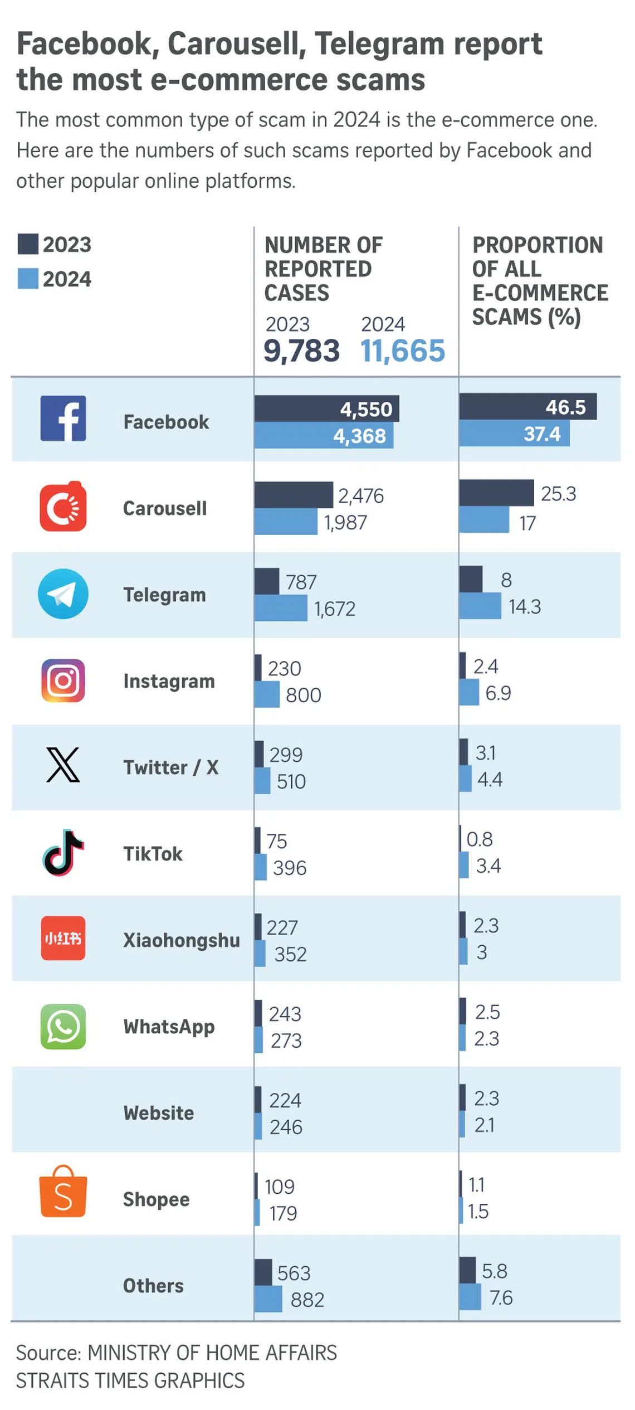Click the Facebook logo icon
click(63, 419)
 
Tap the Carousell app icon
click(63, 506)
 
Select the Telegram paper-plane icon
click(63, 594)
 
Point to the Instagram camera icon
click(63, 680)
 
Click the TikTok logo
click(63, 853)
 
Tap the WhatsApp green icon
click(63, 1026)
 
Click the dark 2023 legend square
click(28, 244)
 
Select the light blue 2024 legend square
click(28, 279)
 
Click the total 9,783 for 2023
click(301, 351)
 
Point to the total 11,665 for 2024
click(403, 351)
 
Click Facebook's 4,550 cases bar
click(326, 409)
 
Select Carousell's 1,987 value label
click(346, 523)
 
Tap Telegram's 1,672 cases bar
click(281, 608)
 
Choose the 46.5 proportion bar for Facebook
click(527, 406)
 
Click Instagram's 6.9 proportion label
click(498, 693)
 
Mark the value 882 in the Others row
click(307, 1300)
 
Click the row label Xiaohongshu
click(182, 940)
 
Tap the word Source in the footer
click(49, 1353)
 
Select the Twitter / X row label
click(171, 767)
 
